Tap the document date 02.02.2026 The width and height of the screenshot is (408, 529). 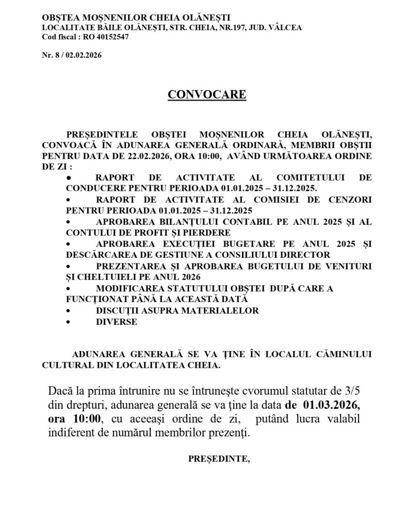pyautogui.click(x=84, y=56)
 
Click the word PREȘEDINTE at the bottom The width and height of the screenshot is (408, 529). pyautogui.click(x=219, y=458)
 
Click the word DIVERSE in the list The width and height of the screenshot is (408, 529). pyautogui.click(x=117, y=322)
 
